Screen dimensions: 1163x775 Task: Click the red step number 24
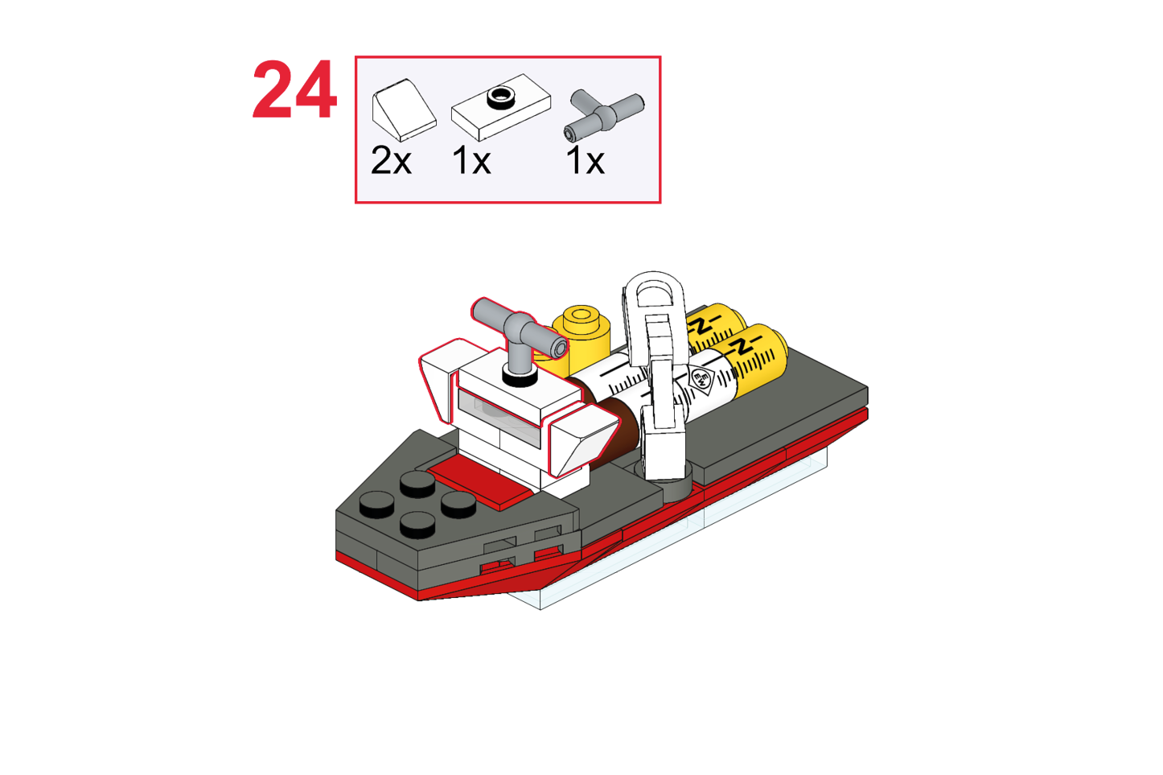[x=294, y=89]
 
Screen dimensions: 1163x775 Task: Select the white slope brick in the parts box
[x=404, y=109]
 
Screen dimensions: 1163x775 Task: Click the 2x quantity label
[x=391, y=160]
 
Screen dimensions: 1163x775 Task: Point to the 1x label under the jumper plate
[x=471, y=160]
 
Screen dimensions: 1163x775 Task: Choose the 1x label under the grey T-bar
[x=586, y=160]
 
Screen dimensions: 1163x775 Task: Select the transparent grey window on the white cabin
[x=499, y=415]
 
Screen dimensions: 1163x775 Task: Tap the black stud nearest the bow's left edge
[x=376, y=504]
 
